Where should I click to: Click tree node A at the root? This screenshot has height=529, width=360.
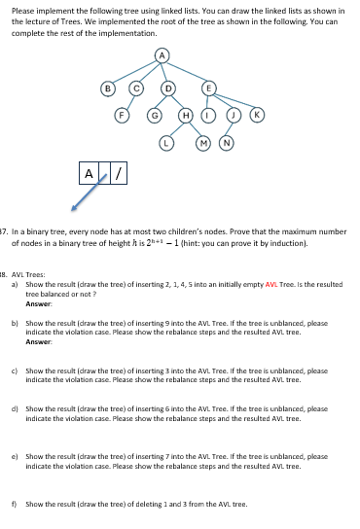click(164, 53)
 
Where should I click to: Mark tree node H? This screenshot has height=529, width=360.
click(186, 114)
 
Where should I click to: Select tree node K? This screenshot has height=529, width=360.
click(256, 114)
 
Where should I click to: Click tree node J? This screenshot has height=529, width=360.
click(234, 114)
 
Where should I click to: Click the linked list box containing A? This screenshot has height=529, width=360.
click(90, 175)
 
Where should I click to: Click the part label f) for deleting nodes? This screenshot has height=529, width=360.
click(14, 504)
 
